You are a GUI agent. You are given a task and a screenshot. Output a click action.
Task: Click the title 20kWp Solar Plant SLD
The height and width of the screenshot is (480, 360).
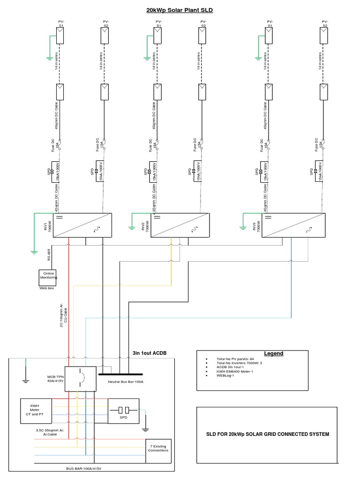click(180, 9)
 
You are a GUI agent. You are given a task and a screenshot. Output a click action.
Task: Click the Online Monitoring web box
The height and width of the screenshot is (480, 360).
click(49, 277)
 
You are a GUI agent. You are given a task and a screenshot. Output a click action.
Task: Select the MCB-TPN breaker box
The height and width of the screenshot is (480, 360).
click(80, 378)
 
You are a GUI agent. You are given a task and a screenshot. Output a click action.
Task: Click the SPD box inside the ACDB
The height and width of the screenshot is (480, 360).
click(124, 411)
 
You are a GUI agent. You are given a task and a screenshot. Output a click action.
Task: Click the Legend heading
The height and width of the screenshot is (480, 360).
click(273, 353)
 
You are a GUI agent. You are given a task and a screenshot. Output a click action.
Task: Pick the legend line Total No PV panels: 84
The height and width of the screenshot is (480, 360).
click(235, 359)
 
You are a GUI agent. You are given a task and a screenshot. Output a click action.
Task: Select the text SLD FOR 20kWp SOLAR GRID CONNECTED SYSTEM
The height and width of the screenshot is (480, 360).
click(268, 434)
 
